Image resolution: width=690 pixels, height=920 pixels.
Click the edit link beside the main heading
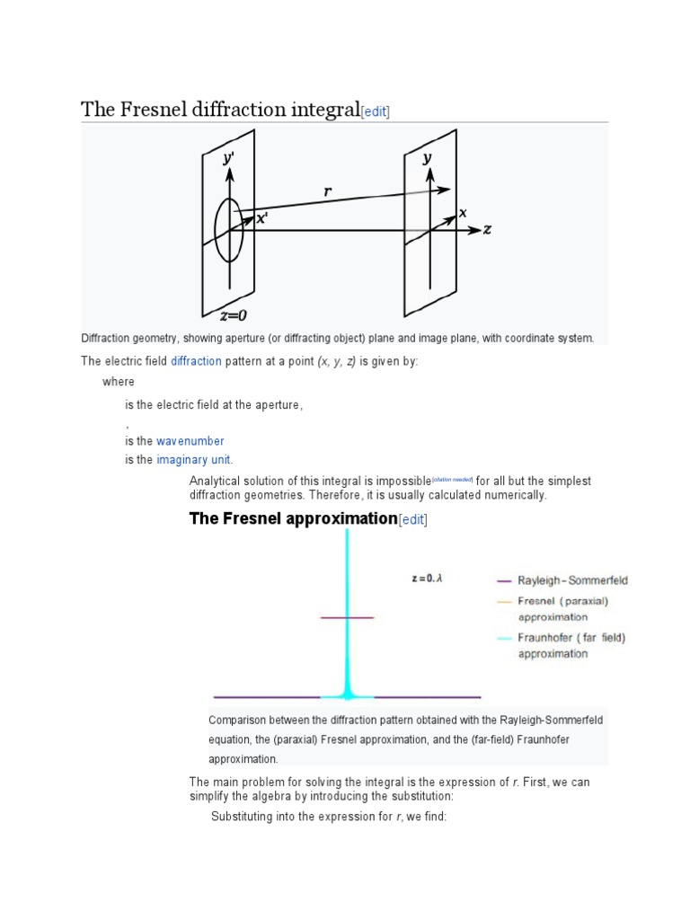click(x=375, y=111)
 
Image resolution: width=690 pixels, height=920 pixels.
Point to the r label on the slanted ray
click(x=329, y=191)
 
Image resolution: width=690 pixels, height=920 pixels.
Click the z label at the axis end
click(x=487, y=229)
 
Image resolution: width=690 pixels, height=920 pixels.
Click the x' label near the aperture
click(x=261, y=218)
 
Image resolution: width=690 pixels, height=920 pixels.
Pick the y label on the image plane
click(x=429, y=158)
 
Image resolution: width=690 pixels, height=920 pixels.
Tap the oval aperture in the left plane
click(x=229, y=229)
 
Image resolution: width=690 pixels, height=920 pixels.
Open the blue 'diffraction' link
click(x=196, y=360)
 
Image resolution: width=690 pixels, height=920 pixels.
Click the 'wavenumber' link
click(x=190, y=441)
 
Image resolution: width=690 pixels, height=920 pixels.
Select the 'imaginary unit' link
click(x=194, y=460)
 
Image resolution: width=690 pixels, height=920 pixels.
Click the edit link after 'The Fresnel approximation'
click(x=413, y=519)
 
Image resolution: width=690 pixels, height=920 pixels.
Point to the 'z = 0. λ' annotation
click(x=427, y=579)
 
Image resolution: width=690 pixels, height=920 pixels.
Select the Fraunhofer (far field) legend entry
click(x=571, y=645)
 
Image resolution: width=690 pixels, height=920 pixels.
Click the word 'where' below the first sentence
click(x=118, y=382)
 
